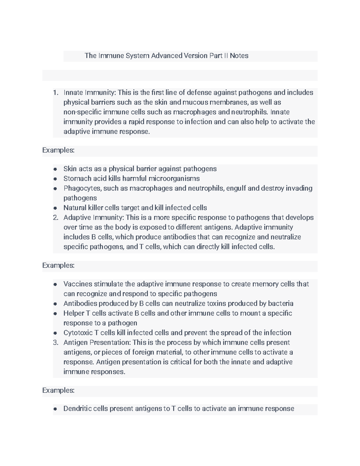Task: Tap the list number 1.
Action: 55,93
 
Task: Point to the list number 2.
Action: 55,218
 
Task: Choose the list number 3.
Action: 55,343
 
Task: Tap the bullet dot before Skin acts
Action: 55,169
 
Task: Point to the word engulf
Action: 236,188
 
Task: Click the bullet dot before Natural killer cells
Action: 55,208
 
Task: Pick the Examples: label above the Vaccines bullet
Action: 58,266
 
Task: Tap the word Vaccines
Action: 78,284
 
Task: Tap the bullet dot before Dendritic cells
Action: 55,409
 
